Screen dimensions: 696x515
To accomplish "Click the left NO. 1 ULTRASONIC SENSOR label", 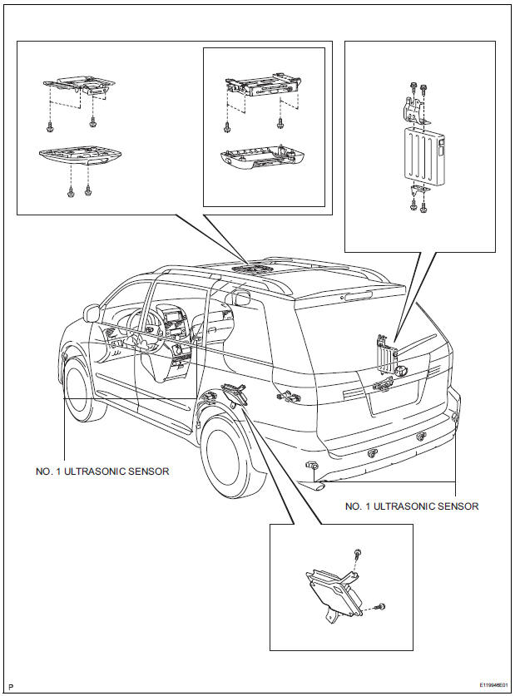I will [x=102, y=471].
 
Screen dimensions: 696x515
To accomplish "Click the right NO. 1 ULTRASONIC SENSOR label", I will [x=412, y=506].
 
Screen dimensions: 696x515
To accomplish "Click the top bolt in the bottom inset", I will [x=357, y=553].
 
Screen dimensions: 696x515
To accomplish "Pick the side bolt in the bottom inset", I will [x=381, y=607].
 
